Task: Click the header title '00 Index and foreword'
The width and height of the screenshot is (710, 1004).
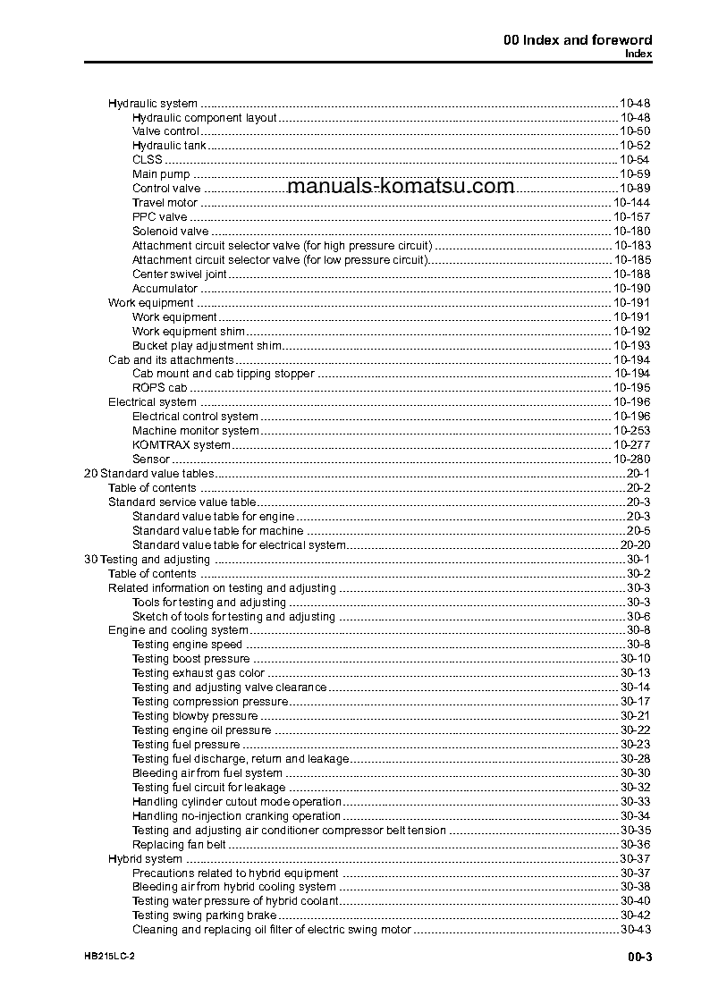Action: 575,39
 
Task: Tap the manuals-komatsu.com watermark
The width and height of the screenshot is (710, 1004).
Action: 401,186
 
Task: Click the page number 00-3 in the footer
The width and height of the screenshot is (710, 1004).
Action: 639,958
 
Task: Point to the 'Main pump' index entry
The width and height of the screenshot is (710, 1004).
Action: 161,174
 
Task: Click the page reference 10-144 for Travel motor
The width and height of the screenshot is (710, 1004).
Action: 631,203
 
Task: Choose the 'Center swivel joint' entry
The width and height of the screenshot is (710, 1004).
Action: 179,274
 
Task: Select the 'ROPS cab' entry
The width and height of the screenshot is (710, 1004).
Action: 159,388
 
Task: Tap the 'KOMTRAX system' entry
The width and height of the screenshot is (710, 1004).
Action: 182,445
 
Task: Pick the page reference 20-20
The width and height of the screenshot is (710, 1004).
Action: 635,545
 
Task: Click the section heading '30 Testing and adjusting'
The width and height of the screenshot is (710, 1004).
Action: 147,560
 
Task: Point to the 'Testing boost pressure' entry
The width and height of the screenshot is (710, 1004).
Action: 190,659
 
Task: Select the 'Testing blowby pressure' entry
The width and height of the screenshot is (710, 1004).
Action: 195,716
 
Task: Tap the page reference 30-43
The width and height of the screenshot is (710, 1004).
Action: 635,930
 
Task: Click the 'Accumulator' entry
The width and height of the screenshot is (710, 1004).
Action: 165,289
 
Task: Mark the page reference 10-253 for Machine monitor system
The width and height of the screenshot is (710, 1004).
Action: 631,431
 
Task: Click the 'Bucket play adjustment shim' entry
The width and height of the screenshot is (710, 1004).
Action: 207,345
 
